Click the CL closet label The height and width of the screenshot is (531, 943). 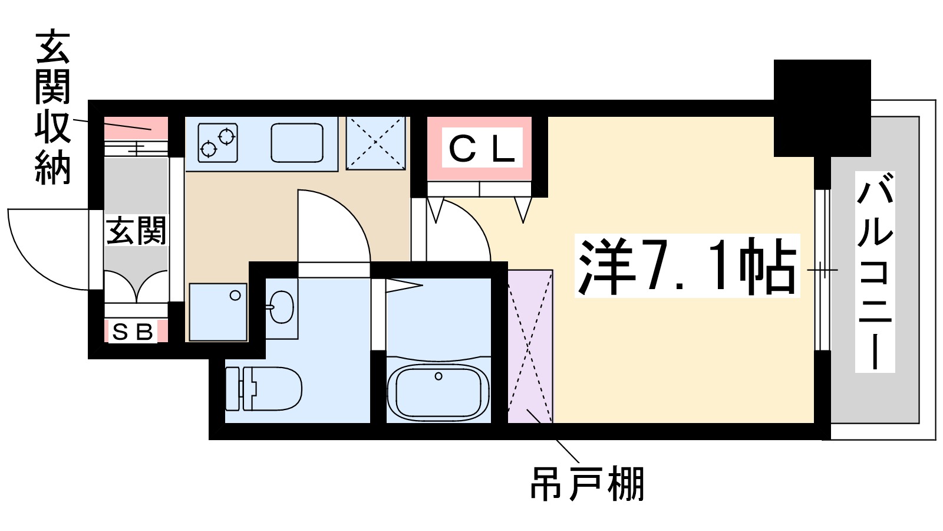[x=482, y=149]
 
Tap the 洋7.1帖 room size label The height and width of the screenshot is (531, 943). [x=687, y=266]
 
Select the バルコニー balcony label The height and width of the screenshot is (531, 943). [x=875, y=272]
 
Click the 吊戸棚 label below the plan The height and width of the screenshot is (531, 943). [x=587, y=484]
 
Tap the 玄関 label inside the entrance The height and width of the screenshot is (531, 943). [x=136, y=231]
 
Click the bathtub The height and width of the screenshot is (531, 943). [x=438, y=391]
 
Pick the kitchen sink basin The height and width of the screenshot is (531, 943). [x=297, y=143]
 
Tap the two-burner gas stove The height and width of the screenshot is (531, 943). [x=217, y=142]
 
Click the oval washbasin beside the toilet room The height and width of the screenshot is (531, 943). [x=282, y=307]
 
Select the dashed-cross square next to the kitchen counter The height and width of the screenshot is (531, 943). [x=375, y=143]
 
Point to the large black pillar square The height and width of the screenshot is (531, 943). [x=822, y=108]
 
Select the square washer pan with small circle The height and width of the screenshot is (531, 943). [x=218, y=312]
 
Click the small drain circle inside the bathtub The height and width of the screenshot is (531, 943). [x=438, y=376]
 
